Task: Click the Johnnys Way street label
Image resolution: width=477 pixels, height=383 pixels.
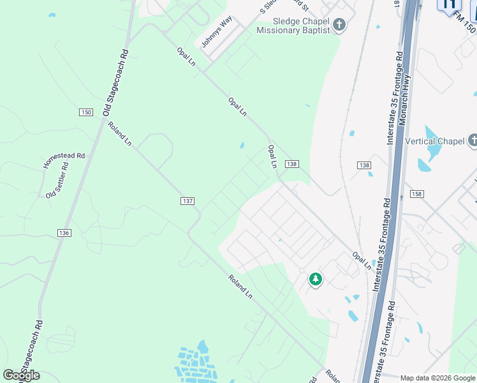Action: click(x=217, y=31)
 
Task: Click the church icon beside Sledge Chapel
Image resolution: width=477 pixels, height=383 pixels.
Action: click(x=339, y=25)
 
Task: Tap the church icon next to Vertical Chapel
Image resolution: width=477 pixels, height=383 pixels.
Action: click(x=473, y=140)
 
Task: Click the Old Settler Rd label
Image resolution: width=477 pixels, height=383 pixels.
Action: click(x=57, y=180)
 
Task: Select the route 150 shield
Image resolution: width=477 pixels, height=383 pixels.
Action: click(x=86, y=112)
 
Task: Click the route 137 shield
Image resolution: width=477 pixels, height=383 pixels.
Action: click(x=187, y=201)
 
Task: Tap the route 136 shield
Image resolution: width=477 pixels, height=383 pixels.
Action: click(x=64, y=233)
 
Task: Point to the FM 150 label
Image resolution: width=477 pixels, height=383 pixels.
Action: click(x=466, y=24)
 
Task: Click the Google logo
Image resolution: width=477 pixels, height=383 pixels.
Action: click(x=21, y=375)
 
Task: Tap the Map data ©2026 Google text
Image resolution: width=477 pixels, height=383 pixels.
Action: click(x=438, y=377)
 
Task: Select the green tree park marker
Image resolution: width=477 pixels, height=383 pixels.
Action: click(x=315, y=279)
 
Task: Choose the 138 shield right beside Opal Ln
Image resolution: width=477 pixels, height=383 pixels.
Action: click(x=292, y=164)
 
